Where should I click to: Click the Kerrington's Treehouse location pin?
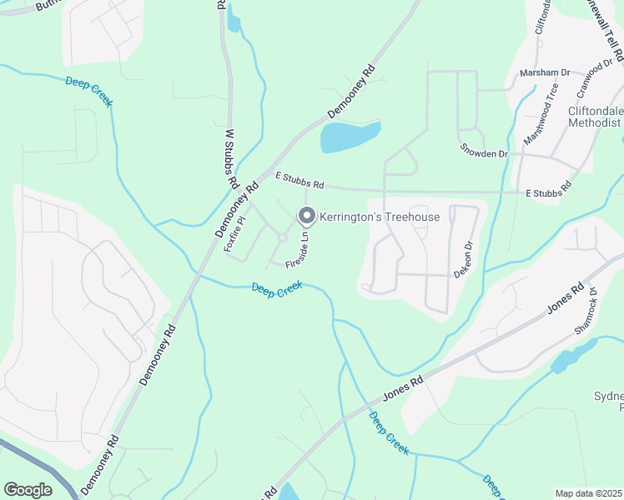point(306,217)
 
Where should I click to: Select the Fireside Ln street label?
point(299,249)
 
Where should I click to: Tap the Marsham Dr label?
point(544,72)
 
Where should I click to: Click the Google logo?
point(28,489)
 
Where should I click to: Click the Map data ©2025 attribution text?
point(587,493)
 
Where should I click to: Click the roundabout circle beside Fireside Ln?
point(283,238)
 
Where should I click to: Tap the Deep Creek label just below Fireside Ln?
point(277,288)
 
